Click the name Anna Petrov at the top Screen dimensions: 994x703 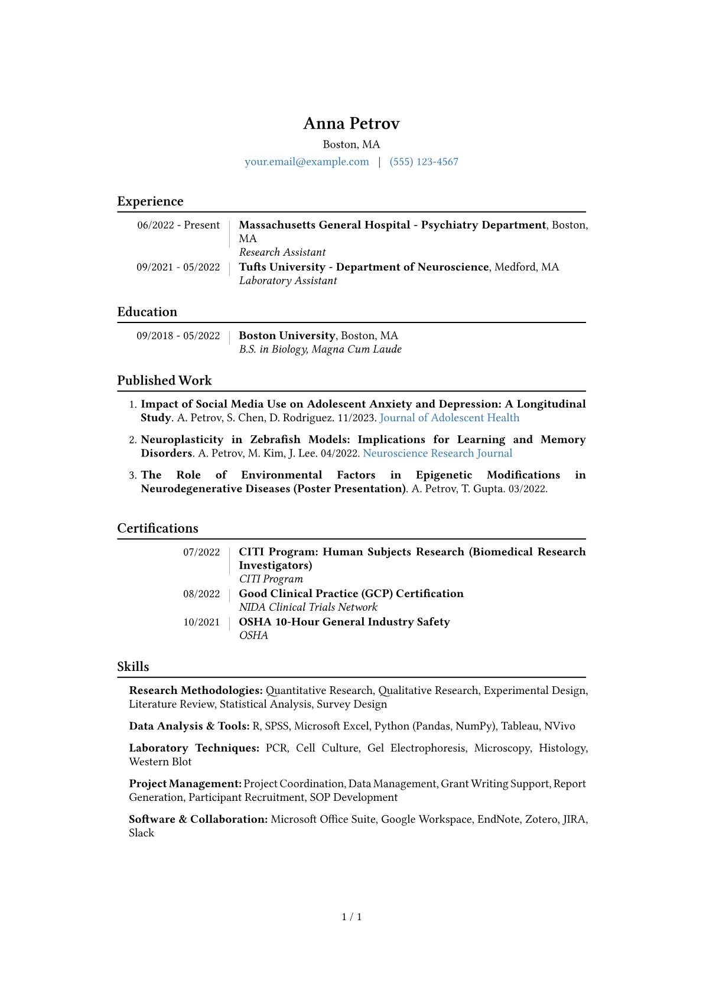pyautogui.click(x=351, y=123)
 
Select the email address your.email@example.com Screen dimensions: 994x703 pyautogui.click(x=307, y=162)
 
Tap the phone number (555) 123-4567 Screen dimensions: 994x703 pyautogui.click(x=424, y=162)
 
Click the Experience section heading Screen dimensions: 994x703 pyautogui.click(x=150, y=201)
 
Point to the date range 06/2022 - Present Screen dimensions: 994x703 pyautogui.click(x=178, y=225)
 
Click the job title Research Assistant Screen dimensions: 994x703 pyautogui.click(x=282, y=252)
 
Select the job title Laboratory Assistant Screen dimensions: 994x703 pyautogui.click(x=288, y=281)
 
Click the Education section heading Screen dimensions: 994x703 pyautogui.click(x=147, y=312)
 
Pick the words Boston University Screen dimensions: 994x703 pyautogui.click(x=287, y=335)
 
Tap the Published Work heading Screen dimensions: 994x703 pyautogui.click(x=164, y=380)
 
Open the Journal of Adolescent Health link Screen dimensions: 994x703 pyautogui.click(x=449, y=418)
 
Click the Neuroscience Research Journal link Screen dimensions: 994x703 pyautogui.click(x=437, y=453)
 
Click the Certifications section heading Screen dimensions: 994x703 pyautogui.click(x=158, y=528)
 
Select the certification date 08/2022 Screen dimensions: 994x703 pyautogui.click(x=201, y=594)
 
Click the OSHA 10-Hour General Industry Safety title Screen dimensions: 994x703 pyautogui.click(x=344, y=622)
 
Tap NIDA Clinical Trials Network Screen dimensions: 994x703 pyautogui.click(x=308, y=607)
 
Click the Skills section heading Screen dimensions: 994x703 pyautogui.click(x=133, y=667)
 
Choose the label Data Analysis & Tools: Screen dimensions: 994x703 pyautogui.click(x=189, y=726)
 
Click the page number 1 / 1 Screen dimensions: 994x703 pyautogui.click(x=351, y=917)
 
